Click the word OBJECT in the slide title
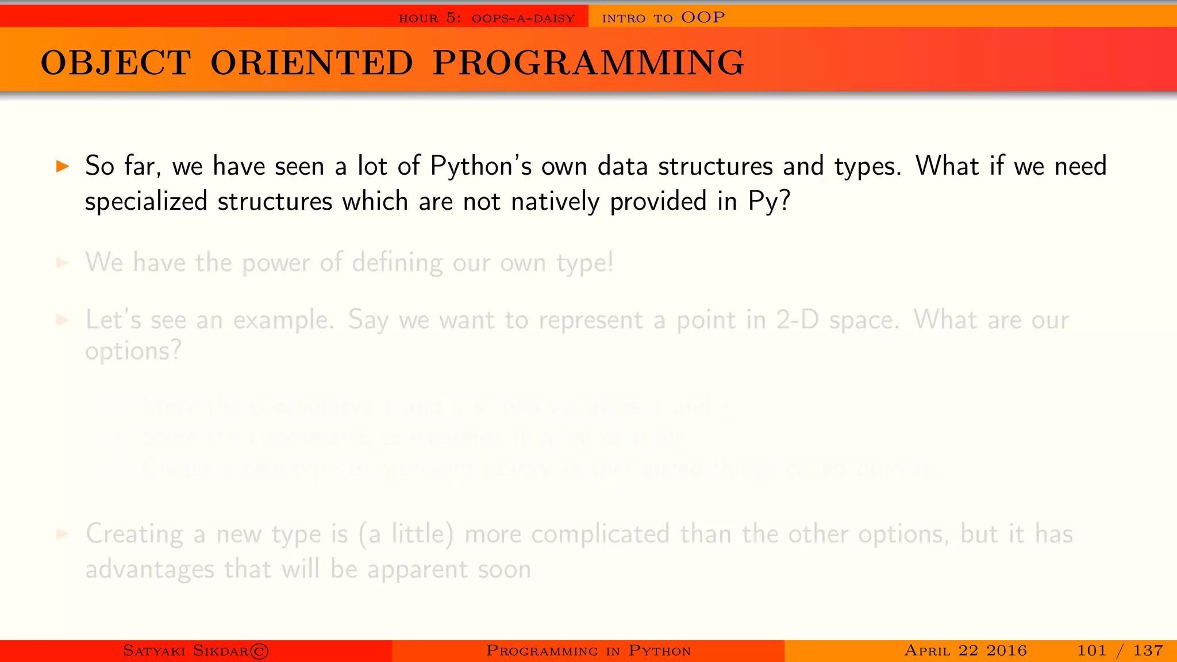(x=116, y=63)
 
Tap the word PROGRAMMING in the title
(x=588, y=63)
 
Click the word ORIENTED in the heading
(x=311, y=63)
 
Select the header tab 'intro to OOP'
(x=663, y=18)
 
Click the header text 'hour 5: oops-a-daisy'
(x=486, y=18)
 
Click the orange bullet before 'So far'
(x=63, y=167)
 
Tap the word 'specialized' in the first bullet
(x=146, y=202)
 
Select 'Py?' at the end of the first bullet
(x=769, y=202)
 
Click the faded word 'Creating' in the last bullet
(x=134, y=534)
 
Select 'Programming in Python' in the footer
(x=588, y=651)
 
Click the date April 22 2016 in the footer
(x=965, y=651)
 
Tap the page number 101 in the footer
(x=1091, y=651)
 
